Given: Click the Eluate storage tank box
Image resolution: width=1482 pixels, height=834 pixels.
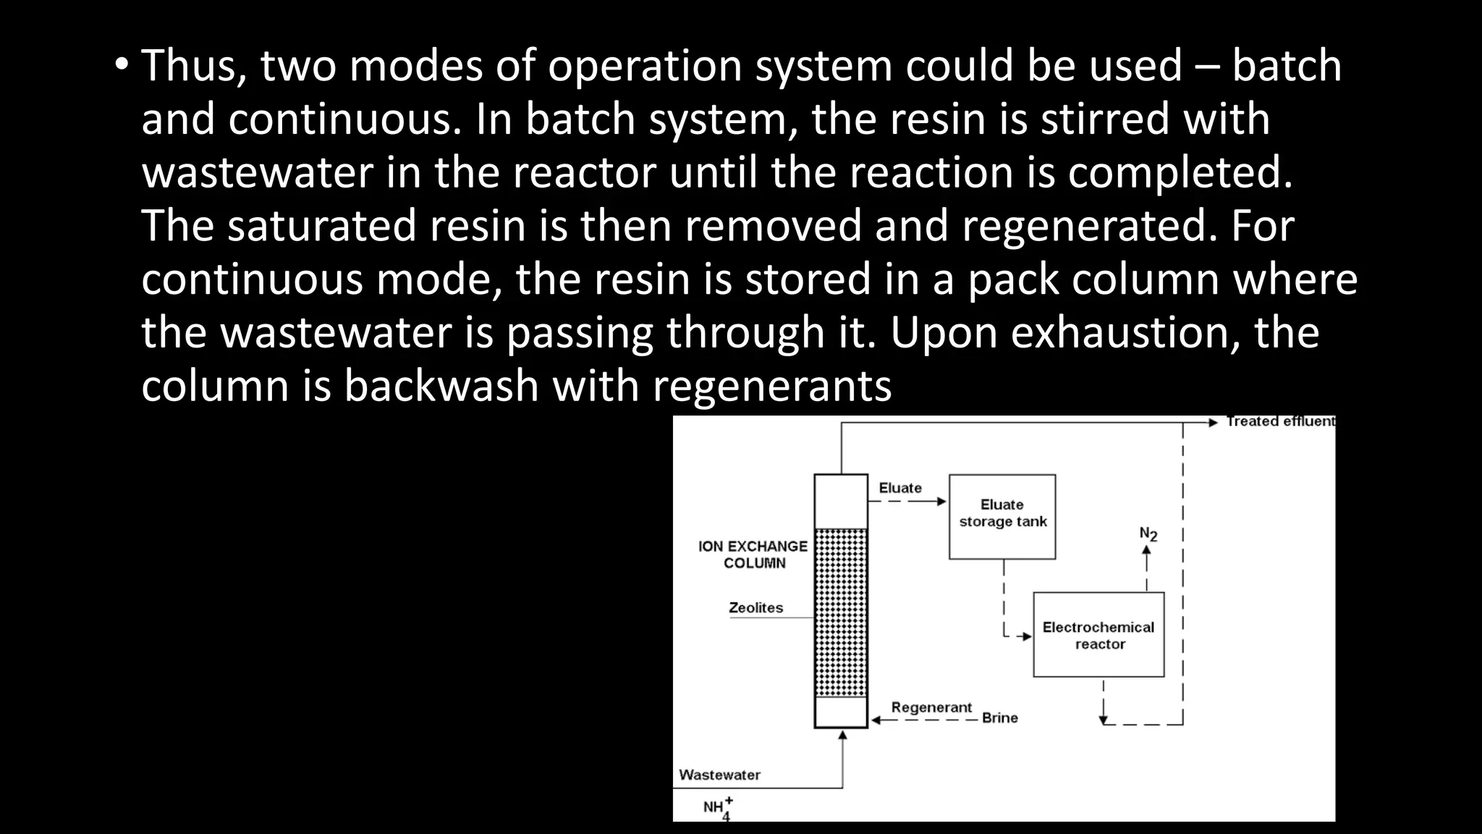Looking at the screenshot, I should click(x=1002, y=516).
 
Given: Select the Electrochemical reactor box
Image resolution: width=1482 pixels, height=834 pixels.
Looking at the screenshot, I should click(x=1098, y=635).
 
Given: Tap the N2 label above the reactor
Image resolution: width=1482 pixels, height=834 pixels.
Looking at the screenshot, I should click(x=1148, y=534).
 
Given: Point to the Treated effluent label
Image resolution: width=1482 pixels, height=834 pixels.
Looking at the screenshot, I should click(x=1279, y=421).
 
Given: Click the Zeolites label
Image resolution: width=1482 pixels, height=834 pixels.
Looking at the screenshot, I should click(x=755, y=608).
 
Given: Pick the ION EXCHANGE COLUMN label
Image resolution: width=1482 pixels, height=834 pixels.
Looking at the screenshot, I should click(x=753, y=555).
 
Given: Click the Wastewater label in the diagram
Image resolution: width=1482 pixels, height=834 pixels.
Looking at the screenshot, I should click(x=719, y=775).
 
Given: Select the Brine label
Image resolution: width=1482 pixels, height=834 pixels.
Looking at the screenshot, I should click(x=999, y=718).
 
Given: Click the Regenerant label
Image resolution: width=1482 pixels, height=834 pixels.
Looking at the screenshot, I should click(x=931, y=707).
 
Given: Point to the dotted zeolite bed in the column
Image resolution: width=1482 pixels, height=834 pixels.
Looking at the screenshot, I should click(x=841, y=612).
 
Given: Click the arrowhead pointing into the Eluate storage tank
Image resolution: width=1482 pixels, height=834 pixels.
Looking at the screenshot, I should click(x=941, y=501).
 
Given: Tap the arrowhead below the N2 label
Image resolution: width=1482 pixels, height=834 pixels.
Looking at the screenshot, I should click(x=1146, y=550).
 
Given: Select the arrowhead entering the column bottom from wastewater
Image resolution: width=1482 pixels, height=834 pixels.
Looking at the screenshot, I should click(x=842, y=736).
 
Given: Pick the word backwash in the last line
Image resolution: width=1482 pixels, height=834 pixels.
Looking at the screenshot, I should click(x=441, y=386).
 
